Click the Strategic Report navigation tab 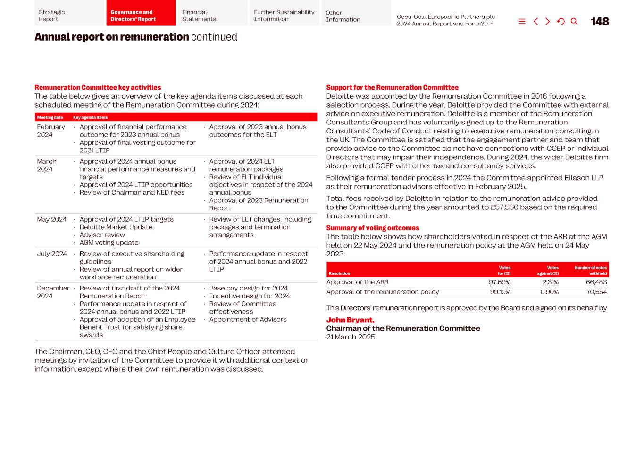[x=69, y=16]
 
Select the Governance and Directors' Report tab [x=141, y=16]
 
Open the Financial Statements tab [x=212, y=16]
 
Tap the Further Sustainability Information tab [x=284, y=16]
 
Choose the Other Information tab [x=356, y=16]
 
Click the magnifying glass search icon [x=574, y=22]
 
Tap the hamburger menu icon [x=522, y=22]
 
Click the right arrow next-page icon [x=548, y=22]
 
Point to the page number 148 [x=600, y=22]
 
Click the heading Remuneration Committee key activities [x=98, y=87]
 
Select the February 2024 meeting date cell [x=51, y=131]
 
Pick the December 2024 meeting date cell [x=53, y=292]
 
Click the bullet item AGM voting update [x=109, y=243]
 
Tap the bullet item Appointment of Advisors [x=248, y=319]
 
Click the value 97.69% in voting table [x=500, y=282]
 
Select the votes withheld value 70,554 [x=596, y=292]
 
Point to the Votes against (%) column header [x=548, y=271]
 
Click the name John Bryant [x=350, y=320]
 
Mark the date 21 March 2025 [x=351, y=337]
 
